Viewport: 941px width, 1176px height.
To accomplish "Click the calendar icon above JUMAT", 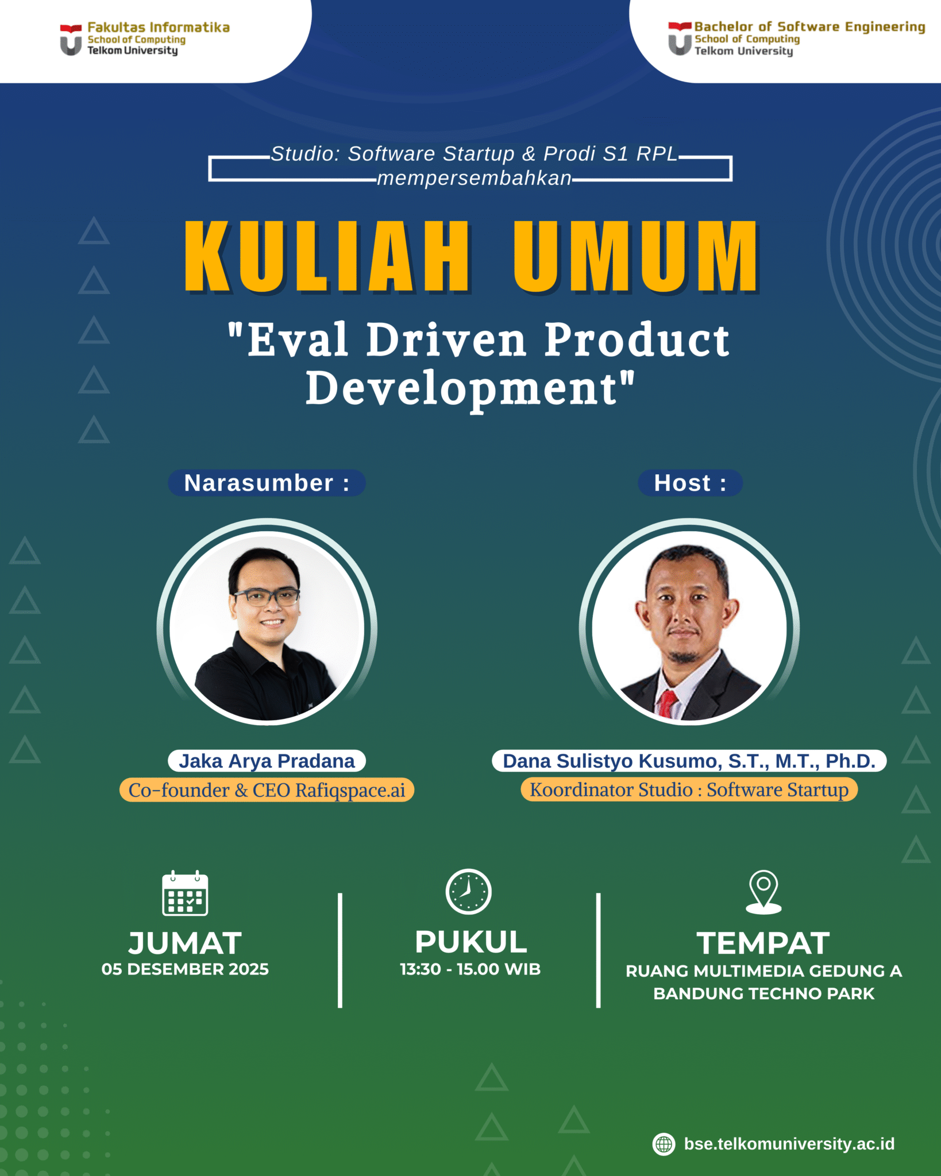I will click(185, 893).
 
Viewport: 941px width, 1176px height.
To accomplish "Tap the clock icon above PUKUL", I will click(468, 891).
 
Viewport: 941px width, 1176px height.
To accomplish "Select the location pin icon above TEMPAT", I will click(763, 891).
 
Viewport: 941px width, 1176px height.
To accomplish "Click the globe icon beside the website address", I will click(664, 1144).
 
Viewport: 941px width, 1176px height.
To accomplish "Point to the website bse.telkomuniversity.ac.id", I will click(789, 1144).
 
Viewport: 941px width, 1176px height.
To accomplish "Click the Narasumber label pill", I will click(267, 483).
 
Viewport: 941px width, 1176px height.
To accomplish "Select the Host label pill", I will click(690, 483).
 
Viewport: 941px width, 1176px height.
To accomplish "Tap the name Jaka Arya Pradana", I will click(267, 761).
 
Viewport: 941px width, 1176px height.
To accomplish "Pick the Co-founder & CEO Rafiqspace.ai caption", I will click(267, 790).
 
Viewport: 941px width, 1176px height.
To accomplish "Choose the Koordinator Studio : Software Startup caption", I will click(689, 790).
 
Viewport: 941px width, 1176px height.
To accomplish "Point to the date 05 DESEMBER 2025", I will click(185, 969).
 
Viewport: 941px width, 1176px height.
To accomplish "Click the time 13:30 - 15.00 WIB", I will click(470, 969).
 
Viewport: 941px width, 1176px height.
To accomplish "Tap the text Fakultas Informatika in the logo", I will click(159, 27).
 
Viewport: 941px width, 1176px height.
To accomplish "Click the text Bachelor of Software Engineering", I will click(809, 26).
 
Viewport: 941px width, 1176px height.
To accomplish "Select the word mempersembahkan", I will click(474, 179).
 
